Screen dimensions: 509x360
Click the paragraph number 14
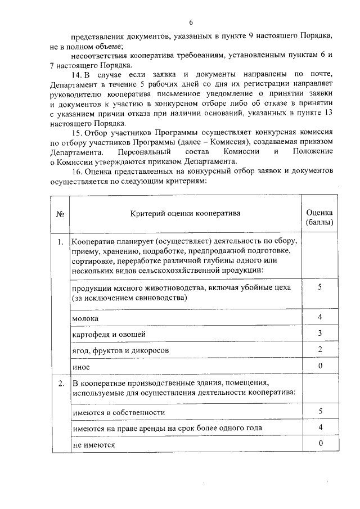[x=76, y=75]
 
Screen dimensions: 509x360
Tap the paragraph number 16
[x=76, y=173]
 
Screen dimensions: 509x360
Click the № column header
[x=60, y=214]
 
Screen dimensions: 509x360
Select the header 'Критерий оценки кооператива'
[x=185, y=214]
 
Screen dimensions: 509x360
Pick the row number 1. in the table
[x=60, y=242]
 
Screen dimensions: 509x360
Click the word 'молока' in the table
[x=85, y=318]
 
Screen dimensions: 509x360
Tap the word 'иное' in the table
[x=82, y=366]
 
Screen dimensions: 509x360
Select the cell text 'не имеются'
[x=93, y=444]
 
